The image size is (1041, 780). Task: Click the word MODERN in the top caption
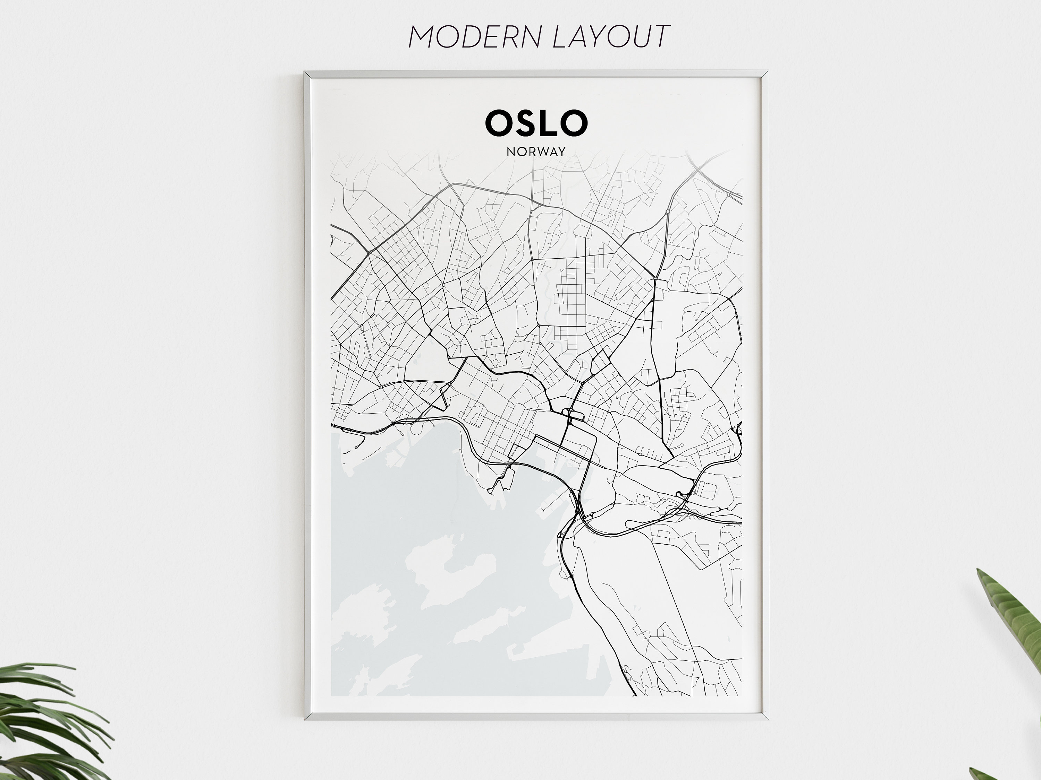476,36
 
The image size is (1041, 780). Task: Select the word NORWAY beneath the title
536,152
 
